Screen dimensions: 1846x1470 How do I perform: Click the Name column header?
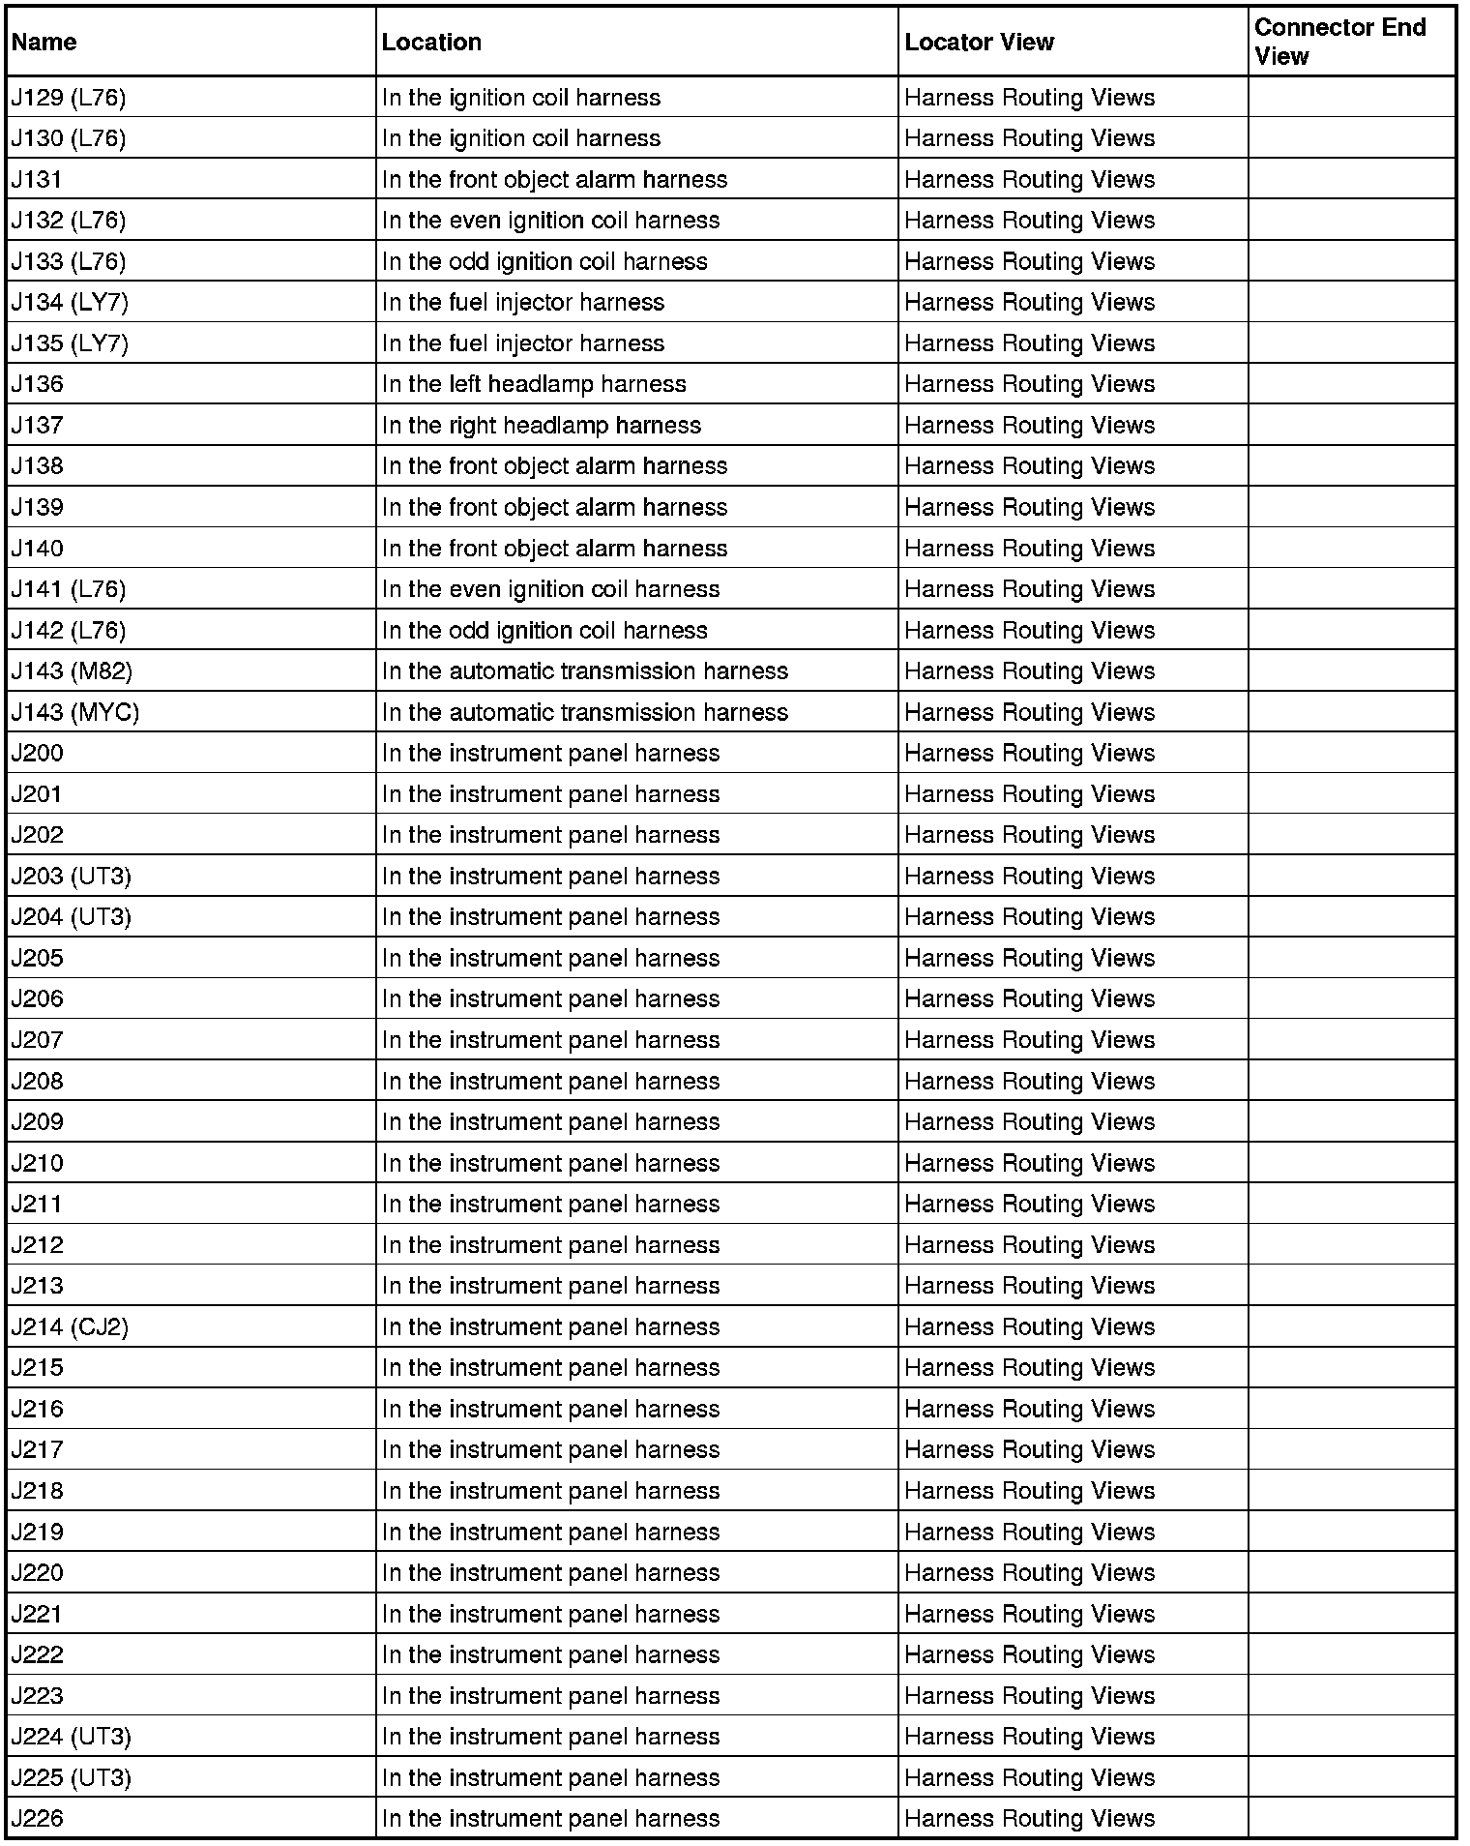click(44, 43)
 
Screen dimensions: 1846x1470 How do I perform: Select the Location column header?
click(431, 43)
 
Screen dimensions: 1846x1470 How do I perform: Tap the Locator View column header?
click(979, 43)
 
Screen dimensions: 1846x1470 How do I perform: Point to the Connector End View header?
click(1340, 42)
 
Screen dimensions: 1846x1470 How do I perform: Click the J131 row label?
click(37, 180)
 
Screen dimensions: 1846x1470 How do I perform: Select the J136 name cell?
click(37, 384)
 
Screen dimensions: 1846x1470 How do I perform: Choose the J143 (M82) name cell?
click(72, 671)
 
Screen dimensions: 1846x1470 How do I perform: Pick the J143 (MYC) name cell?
click(75, 713)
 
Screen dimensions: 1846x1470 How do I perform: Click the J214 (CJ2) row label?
click(70, 1327)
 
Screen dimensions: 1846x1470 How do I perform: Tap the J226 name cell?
click(37, 1819)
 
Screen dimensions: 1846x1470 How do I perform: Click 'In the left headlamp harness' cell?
click(534, 384)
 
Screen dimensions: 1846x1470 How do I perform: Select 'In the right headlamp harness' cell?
click(542, 426)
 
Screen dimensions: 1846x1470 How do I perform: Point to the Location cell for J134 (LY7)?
click(523, 303)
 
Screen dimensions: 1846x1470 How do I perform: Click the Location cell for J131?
click(554, 180)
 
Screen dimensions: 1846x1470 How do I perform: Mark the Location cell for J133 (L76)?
click(544, 262)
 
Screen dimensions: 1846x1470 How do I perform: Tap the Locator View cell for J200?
click(1030, 754)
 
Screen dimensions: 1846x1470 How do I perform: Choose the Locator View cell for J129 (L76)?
click(1030, 98)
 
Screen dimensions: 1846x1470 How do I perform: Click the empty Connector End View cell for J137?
click(1351, 426)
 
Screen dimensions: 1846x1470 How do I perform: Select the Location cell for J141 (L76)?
click(551, 589)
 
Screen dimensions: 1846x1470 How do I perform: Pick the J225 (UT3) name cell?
click(72, 1778)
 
